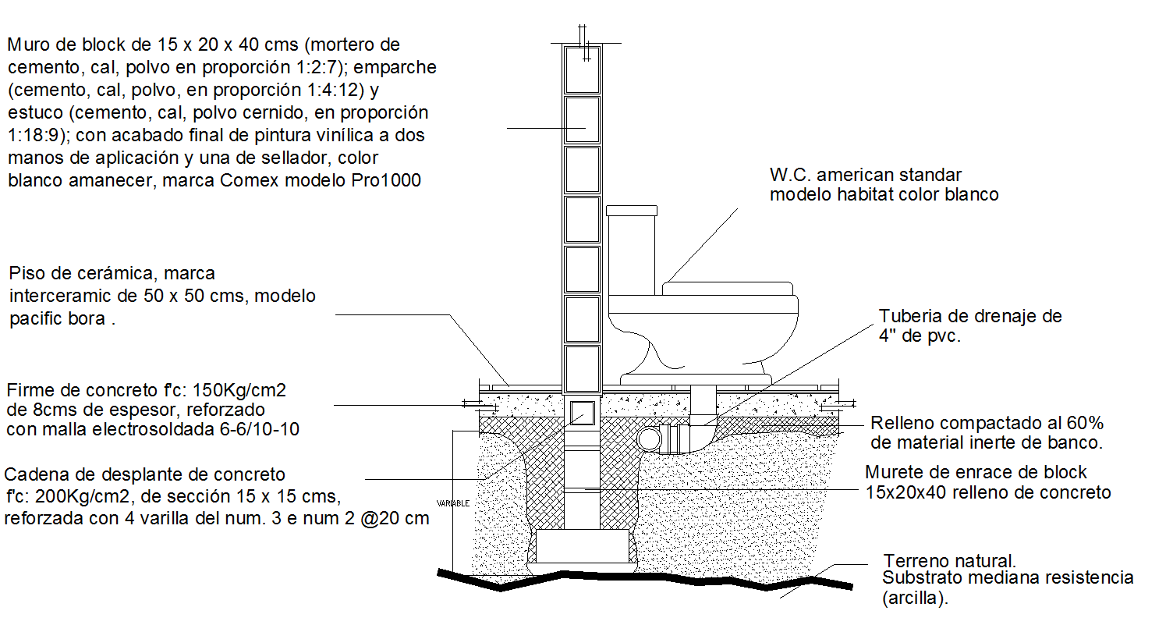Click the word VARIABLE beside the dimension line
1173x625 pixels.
click(x=453, y=503)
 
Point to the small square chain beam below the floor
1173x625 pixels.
click(x=582, y=413)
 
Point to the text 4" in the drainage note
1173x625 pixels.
click(x=887, y=337)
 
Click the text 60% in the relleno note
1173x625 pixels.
click(x=1086, y=423)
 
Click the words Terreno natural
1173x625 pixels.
click(x=950, y=560)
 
